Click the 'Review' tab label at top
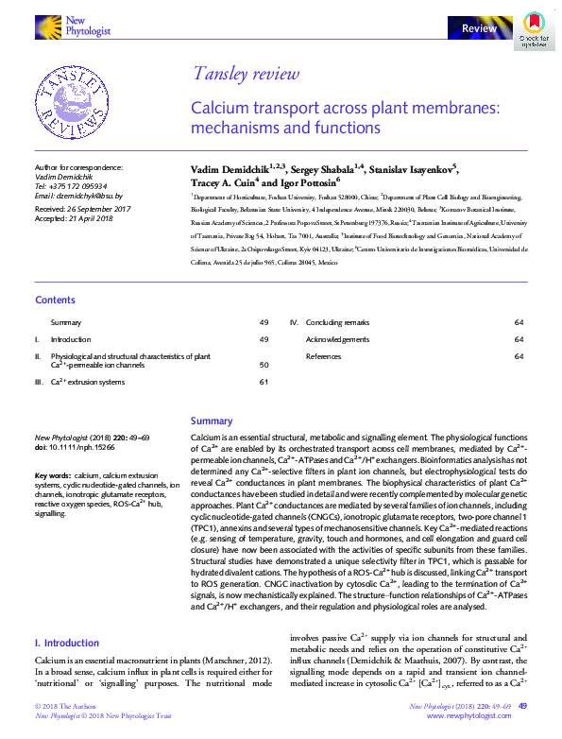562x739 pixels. click(479, 29)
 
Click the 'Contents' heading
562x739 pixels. click(55, 300)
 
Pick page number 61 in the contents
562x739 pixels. click(264, 382)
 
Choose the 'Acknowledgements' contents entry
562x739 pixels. click(337, 339)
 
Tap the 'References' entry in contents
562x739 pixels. click(324, 356)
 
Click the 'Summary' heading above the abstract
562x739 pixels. click(212, 421)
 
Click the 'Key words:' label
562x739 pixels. click(53, 474)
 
